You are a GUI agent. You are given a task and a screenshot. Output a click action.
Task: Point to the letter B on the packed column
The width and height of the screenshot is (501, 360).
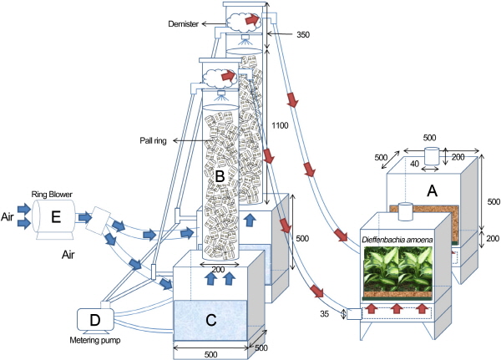(x=220, y=176)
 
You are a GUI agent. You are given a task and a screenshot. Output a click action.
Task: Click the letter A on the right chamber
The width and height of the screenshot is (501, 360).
(x=433, y=190)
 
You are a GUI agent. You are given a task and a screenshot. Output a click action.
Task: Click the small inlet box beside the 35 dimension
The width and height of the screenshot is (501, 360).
(x=352, y=314)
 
